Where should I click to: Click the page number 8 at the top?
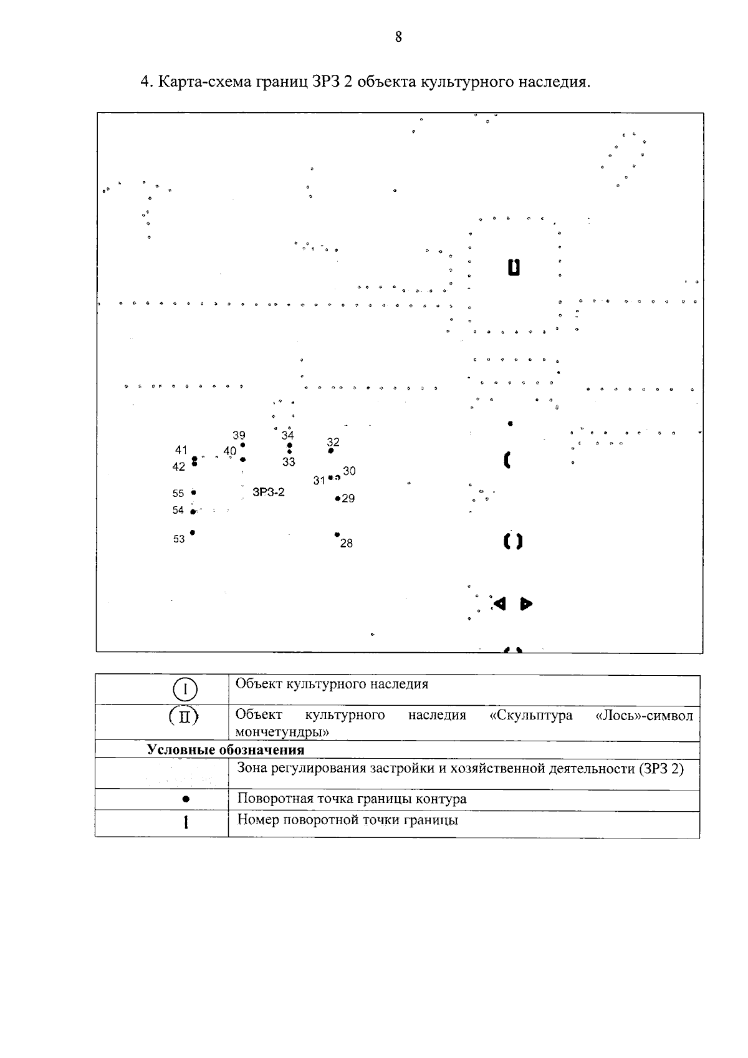(x=398, y=37)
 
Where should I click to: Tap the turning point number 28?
(x=347, y=544)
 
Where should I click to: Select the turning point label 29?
(x=348, y=499)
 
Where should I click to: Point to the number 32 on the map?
(x=333, y=442)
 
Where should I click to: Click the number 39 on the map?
(x=239, y=435)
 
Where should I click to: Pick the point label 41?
(x=181, y=450)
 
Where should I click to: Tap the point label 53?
(x=179, y=539)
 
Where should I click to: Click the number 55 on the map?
(x=178, y=493)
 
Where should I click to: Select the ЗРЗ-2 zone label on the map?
(x=269, y=492)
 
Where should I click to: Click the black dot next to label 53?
(x=193, y=532)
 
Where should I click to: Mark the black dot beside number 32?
(x=331, y=451)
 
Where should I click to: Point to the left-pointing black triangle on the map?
(x=499, y=604)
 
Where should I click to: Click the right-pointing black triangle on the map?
(x=527, y=604)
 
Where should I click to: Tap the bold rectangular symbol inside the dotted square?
(x=513, y=267)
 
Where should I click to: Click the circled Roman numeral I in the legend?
(x=185, y=690)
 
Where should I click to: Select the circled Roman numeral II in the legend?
(x=185, y=717)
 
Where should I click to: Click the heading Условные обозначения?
(x=226, y=749)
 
